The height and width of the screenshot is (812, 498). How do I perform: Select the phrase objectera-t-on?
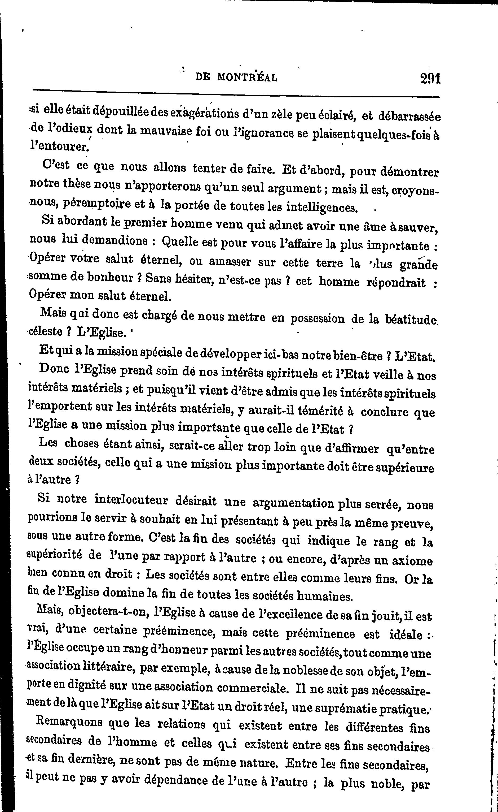coord(110,613)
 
